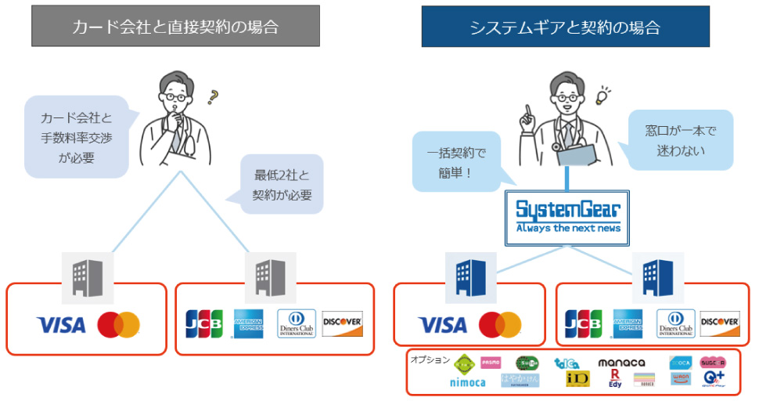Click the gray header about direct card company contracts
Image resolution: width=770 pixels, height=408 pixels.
pos(175,27)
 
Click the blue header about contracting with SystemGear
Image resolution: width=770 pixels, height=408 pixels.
pos(565,27)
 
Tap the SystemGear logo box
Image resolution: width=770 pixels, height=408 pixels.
pos(567,215)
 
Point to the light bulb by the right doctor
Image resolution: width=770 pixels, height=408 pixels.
pos(603,96)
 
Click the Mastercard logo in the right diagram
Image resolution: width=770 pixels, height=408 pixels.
pos(499,324)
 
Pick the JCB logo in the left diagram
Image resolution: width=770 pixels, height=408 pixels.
pos(203,323)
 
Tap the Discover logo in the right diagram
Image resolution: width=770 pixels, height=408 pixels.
pos(720,323)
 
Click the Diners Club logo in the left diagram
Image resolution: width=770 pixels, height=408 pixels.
pos(297,323)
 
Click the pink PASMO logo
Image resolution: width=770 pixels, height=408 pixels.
pos(491,363)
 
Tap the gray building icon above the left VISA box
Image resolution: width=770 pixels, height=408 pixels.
pos(88,276)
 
